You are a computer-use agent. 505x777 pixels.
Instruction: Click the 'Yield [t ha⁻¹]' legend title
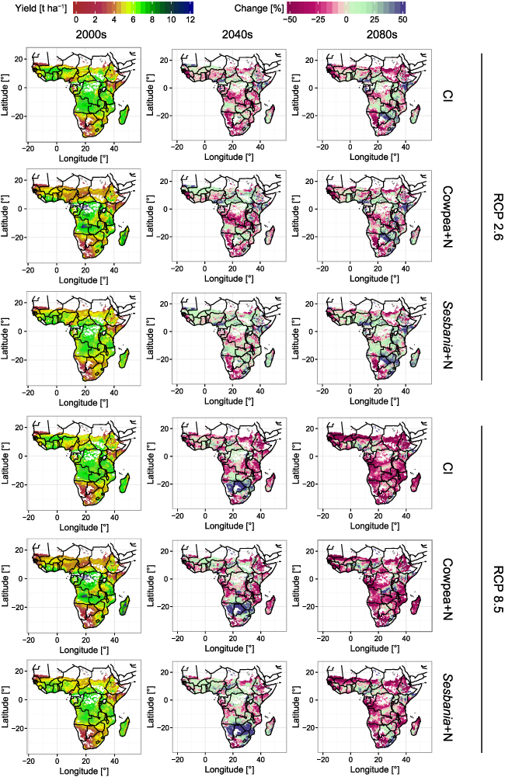pos(37,7)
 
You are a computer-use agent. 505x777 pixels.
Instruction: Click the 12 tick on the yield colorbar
pos(190,19)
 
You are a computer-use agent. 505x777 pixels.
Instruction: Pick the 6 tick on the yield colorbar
pos(133,19)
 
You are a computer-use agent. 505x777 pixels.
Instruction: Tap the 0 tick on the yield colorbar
pos(75,19)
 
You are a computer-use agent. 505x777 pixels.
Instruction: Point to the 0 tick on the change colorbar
pos(347,19)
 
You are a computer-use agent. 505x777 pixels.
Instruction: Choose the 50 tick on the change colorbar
pos(402,19)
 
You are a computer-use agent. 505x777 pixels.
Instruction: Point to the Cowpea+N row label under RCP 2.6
pos(449,217)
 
